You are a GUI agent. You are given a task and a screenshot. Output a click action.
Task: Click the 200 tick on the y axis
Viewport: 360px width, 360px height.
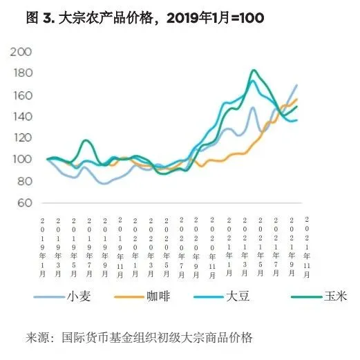[23, 52]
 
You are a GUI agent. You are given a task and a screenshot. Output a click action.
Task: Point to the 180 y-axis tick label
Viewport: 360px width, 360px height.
[23, 73]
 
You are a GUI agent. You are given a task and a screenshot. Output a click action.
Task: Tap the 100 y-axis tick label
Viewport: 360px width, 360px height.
[23, 159]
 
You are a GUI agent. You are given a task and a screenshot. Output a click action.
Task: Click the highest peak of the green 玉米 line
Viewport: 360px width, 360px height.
[254, 70]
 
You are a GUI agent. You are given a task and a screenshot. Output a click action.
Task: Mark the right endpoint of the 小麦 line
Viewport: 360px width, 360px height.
[296, 85]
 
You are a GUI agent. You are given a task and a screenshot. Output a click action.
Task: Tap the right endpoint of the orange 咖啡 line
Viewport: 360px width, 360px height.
[296, 100]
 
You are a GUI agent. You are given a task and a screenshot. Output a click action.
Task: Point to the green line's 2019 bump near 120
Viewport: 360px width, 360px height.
[86, 140]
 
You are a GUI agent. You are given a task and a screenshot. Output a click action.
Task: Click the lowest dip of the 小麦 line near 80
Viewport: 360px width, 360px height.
[104, 183]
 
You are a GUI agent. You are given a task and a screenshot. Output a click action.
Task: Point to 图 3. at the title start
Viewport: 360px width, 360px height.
[40, 17]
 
